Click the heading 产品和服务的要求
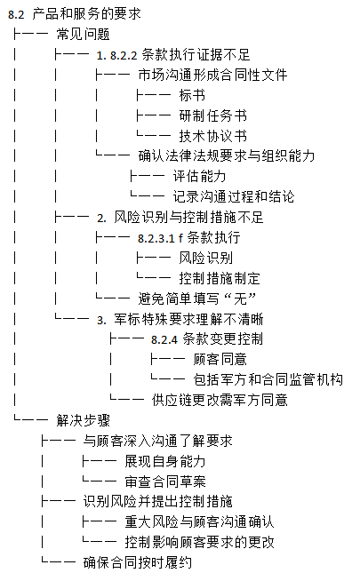click(x=86, y=14)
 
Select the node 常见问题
click(x=84, y=35)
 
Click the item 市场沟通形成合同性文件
click(x=212, y=75)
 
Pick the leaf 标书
click(x=192, y=95)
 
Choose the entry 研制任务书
click(x=213, y=115)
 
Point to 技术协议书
click(x=213, y=136)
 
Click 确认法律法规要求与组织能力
click(x=227, y=156)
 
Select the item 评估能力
click(x=199, y=177)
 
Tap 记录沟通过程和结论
click(x=234, y=196)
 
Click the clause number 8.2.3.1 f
click(x=161, y=238)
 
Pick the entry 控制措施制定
click(x=220, y=278)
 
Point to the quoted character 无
click(x=240, y=298)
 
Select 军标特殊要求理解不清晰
click(x=188, y=320)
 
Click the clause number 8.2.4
click(x=164, y=340)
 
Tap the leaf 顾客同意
click(x=220, y=359)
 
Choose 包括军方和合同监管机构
click(x=268, y=379)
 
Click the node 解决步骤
click(x=84, y=420)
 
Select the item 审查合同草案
click(x=165, y=481)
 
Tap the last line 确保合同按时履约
click(x=138, y=562)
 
